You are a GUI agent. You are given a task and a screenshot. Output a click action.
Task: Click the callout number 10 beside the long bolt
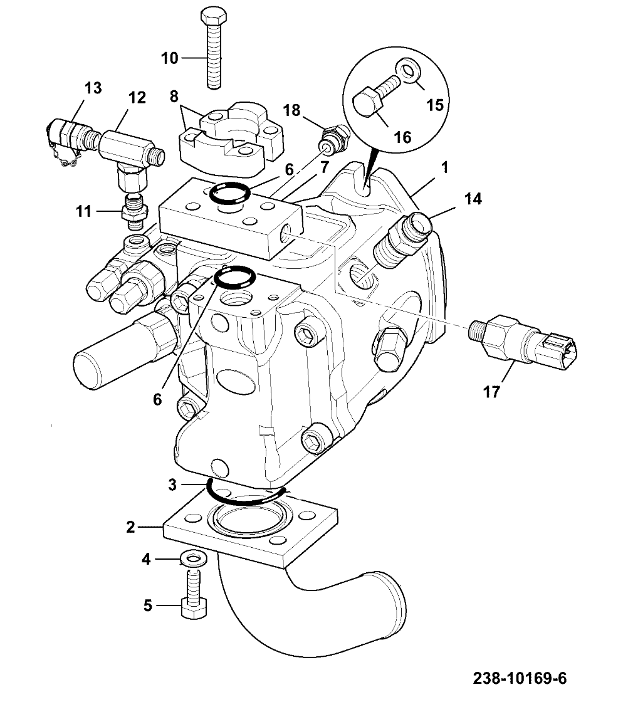pyautogui.click(x=169, y=58)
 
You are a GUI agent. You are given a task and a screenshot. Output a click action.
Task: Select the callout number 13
pyautogui.click(x=93, y=88)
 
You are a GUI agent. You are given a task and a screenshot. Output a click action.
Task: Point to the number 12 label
pyautogui.click(x=137, y=97)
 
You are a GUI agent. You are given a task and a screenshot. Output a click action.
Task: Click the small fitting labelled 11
pyautogui.click(x=134, y=212)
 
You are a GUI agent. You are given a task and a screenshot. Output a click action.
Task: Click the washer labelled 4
pyautogui.click(x=192, y=558)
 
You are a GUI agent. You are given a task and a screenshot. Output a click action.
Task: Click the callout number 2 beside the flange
pyautogui.click(x=130, y=528)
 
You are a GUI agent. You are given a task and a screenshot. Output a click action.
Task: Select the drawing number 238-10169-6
pyautogui.click(x=520, y=678)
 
